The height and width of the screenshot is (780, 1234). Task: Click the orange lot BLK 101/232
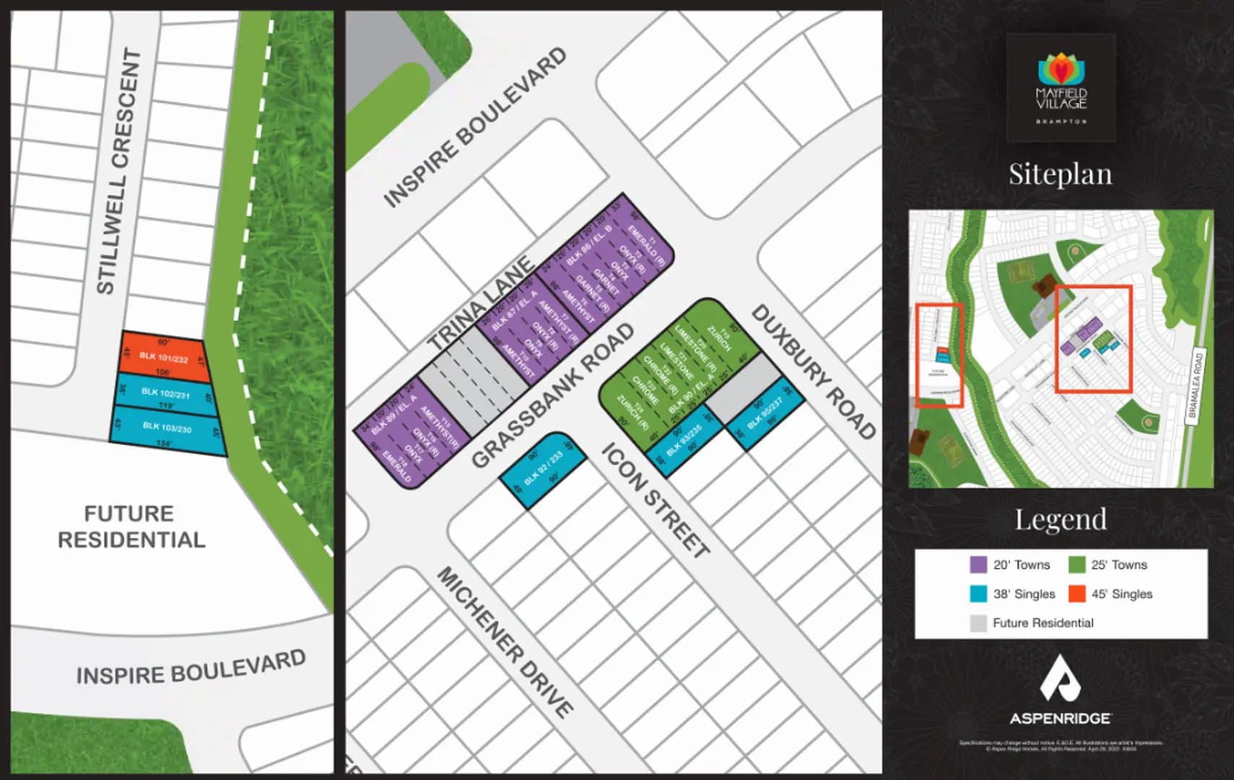tap(164, 357)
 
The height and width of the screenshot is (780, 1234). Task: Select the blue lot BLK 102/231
tap(166, 394)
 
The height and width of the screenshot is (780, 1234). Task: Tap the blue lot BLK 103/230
tap(168, 428)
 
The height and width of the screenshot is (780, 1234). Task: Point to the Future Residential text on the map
tap(131, 526)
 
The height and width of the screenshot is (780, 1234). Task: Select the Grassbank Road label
tap(553, 395)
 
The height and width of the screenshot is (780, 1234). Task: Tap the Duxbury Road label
tap(814, 371)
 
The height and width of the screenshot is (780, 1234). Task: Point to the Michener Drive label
tap(506, 641)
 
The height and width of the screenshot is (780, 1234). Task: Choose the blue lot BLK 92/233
tap(543, 469)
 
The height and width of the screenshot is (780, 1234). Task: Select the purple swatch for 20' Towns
tap(978, 565)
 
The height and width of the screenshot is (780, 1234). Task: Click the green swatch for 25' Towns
tap(1076, 565)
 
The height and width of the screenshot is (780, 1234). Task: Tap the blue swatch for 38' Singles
tap(978, 594)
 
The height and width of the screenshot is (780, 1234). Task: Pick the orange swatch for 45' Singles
tap(1076, 594)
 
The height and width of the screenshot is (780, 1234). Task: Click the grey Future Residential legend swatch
tap(978, 623)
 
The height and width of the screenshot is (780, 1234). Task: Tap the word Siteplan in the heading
tap(1060, 174)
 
